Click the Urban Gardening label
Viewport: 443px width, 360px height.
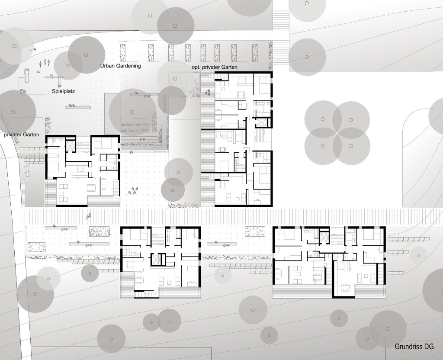(x=120, y=66)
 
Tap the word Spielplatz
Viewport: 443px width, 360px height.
(x=63, y=91)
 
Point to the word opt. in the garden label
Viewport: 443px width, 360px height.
(x=196, y=67)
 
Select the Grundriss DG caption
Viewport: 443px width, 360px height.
(x=414, y=347)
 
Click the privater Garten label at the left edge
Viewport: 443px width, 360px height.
(x=22, y=135)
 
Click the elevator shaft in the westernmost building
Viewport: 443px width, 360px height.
(x=70, y=145)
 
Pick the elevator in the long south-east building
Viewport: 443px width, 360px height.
(x=324, y=238)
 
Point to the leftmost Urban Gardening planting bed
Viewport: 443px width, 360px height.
(x=122, y=52)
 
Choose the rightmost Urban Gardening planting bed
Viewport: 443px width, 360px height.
(x=254, y=52)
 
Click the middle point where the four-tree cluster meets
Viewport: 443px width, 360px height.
(x=337, y=132)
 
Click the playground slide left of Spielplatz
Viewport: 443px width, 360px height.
(x=26, y=75)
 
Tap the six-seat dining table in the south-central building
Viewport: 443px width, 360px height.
(x=139, y=280)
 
